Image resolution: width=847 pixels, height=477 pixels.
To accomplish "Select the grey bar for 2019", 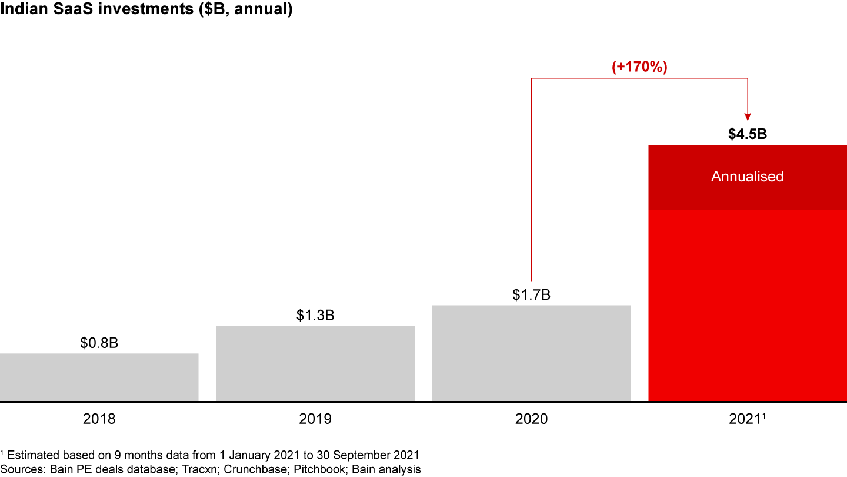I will (315, 363).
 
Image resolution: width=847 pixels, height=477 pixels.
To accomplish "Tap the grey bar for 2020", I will (531, 353).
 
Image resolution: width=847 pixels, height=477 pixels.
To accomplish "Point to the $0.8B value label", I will (99, 343).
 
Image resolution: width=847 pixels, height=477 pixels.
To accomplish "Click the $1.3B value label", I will (315, 315).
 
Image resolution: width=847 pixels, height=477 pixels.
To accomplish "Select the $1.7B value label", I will (531, 294).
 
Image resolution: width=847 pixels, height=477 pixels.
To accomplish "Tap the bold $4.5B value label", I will (747, 134).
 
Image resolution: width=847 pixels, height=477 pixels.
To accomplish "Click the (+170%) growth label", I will (639, 67).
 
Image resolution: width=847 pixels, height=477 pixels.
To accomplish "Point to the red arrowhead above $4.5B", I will (747, 116).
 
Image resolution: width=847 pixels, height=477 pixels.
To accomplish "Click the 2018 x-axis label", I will (99, 419).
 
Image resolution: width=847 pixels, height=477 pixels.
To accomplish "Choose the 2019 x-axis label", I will (315, 419).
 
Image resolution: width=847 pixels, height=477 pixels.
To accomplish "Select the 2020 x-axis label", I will (531, 419).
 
